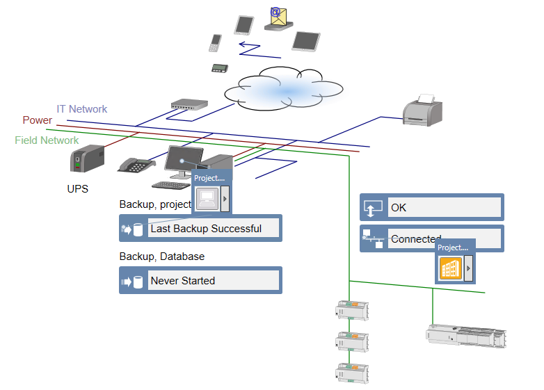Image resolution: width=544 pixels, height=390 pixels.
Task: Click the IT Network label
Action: (82, 109)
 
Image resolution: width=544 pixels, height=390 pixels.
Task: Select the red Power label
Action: (38, 120)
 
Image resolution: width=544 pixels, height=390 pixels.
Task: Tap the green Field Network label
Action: (47, 140)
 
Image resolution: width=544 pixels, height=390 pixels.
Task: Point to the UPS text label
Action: (77, 188)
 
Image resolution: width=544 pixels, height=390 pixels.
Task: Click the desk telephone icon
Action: (136, 165)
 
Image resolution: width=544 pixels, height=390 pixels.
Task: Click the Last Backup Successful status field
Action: (214, 228)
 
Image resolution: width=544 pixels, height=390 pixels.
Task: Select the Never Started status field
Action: (214, 281)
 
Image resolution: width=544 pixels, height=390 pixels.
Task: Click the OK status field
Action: (445, 207)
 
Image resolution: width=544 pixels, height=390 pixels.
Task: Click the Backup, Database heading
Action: (162, 257)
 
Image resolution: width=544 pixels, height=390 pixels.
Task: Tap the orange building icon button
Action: (451, 268)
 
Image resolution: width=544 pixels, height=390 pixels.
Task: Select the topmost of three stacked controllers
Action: (352, 310)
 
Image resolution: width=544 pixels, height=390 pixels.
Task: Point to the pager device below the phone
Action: (221, 68)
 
